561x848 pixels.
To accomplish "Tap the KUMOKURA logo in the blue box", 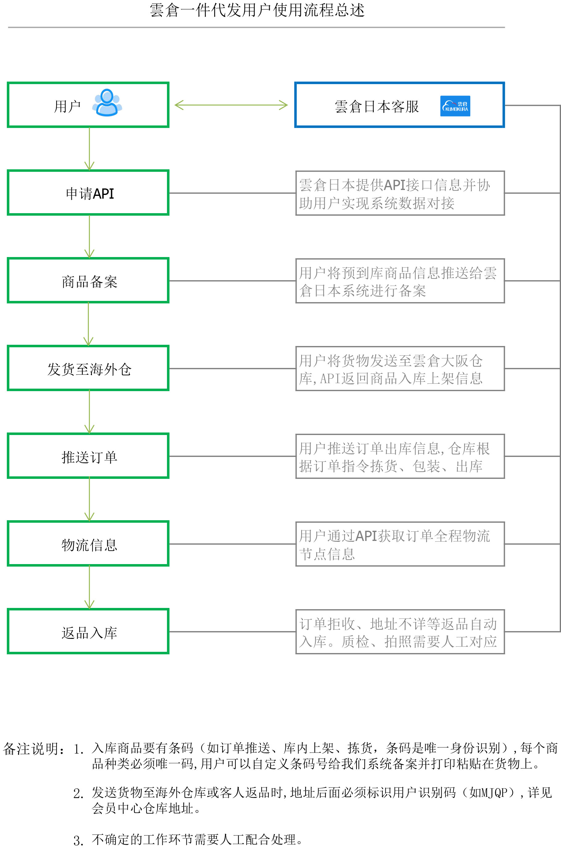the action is (x=455, y=106).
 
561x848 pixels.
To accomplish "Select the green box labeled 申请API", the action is (x=88, y=193).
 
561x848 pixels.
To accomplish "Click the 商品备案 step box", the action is (x=88, y=281).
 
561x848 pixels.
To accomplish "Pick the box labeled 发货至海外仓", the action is (x=88, y=368).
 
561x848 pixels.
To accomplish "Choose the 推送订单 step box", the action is (x=88, y=456).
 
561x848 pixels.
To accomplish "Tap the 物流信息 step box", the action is (x=88, y=544).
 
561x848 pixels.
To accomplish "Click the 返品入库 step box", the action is (x=88, y=631).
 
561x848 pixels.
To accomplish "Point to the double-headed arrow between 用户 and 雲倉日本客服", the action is (x=231, y=105).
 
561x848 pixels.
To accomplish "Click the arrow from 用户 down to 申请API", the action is (x=89, y=149).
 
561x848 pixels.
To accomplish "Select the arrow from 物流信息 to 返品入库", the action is (x=89, y=587).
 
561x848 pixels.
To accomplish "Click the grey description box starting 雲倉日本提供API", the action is (x=400, y=193).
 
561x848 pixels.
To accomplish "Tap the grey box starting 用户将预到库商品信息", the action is (x=400, y=281).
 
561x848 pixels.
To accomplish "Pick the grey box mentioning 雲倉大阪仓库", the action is (x=400, y=369).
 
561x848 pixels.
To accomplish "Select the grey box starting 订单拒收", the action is (x=400, y=632).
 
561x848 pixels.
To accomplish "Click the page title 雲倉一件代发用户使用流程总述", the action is (x=257, y=10).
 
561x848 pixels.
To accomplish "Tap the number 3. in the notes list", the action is (x=78, y=840).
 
